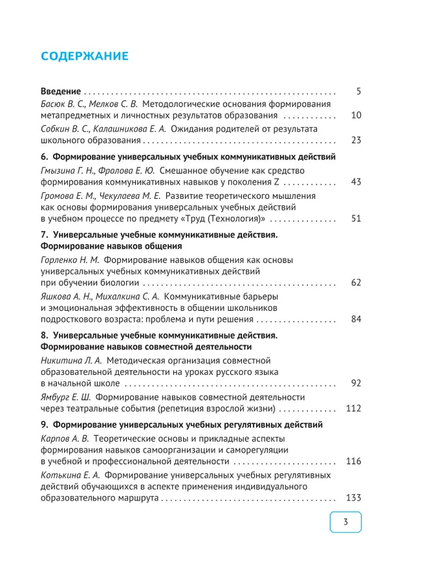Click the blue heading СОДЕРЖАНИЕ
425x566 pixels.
pos(85,56)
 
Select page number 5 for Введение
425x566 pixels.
pos(358,92)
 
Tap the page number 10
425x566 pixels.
pos(356,116)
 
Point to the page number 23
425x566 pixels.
pos(356,140)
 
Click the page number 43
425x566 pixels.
pos(356,182)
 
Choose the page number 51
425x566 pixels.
pos(356,219)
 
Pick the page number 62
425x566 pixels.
pos(356,283)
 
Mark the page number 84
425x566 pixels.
pos(356,319)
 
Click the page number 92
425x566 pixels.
pos(356,383)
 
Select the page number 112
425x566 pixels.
pos(353,408)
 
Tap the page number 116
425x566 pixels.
pos(353,461)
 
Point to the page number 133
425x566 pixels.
pos(353,498)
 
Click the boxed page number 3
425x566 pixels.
pos(345,522)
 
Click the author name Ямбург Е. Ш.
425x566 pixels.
pos(65,397)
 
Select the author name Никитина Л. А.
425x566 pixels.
pos(70,361)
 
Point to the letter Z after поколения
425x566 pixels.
pos(277,182)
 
